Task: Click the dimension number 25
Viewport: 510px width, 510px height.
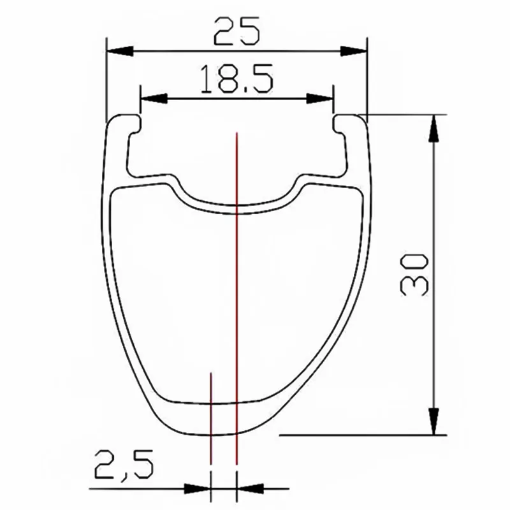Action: click(x=237, y=31)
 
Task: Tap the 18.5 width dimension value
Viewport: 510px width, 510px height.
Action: click(x=237, y=79)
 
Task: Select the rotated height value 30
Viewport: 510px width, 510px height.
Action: click(x=414, y=275)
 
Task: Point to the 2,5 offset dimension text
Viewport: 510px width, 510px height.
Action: click(x=124, y=465)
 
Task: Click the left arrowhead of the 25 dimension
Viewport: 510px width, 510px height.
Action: click(x=120, y=51)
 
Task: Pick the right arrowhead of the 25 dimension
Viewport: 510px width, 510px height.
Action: click(x=354, y=51)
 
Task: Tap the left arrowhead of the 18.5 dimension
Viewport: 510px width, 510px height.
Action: click(x=154, y=99)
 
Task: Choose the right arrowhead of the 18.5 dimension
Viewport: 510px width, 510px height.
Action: click(x=320, y=99)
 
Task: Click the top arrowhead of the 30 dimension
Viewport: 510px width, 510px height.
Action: click(x=433, y=128)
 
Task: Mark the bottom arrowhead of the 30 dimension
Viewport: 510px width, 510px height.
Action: click(x=433, y=421)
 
